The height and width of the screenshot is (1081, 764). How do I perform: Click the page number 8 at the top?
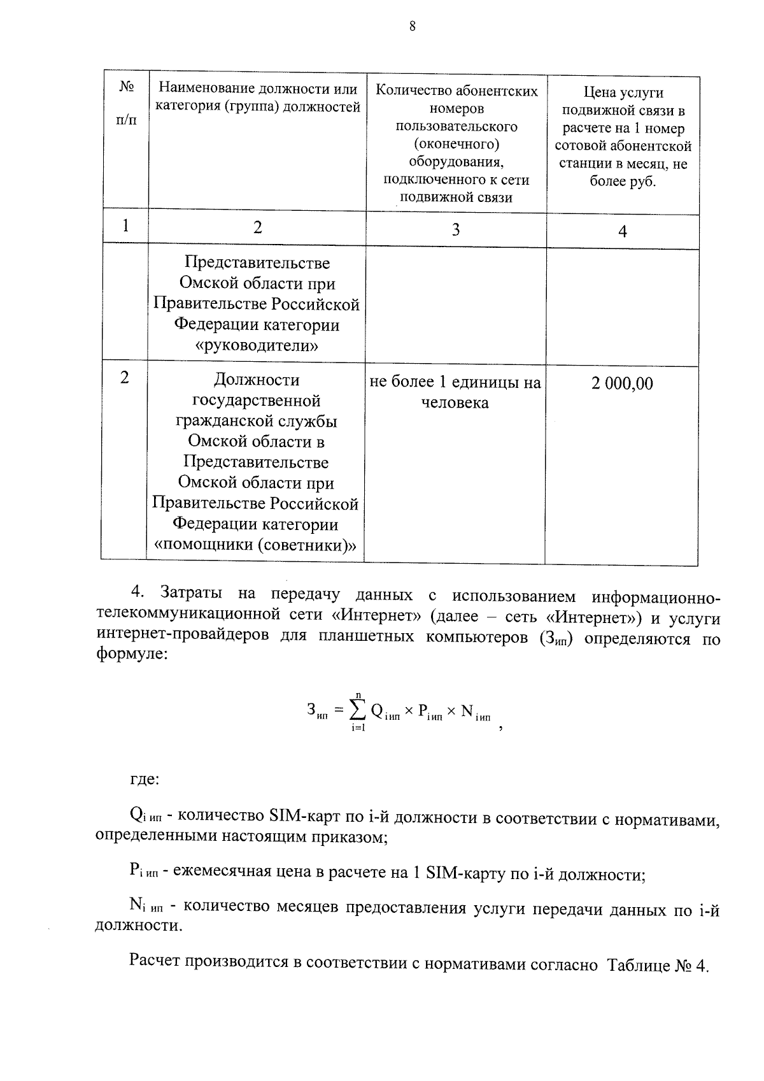pyautogui.click(x=412, y=26)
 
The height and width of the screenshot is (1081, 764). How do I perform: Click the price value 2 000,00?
pyautogui.click(x=622, y=383)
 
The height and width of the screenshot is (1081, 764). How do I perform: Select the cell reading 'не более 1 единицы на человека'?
pyautogui.click(x=455, y=392)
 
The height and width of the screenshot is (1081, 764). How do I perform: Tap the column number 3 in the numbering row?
pyautogui.click(x=456, y=230)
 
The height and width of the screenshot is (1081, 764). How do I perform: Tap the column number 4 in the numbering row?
pyautogui.click(x=623, y=232)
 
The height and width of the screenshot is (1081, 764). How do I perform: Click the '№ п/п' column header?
pyautogui.click(x=126, y=103)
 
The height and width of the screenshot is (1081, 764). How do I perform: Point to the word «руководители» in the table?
pyautogui.click(x=257, y=346)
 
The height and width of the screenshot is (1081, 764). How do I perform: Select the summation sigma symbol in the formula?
pyautogui.click(x=358, y=710)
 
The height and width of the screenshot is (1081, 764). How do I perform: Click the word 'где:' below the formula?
pyautogui.click(x=145, y=779)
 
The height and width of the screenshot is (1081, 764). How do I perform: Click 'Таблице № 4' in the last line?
pyautogui.click(x=658, y=965)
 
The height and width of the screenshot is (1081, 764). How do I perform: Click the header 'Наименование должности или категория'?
pyautogui.click(x=257, y=97)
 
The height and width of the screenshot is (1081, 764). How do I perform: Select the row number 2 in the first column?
pyautogui.click(x=125, y=378)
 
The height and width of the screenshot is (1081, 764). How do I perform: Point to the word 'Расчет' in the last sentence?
pyautogui.click(x=155, y=961)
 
